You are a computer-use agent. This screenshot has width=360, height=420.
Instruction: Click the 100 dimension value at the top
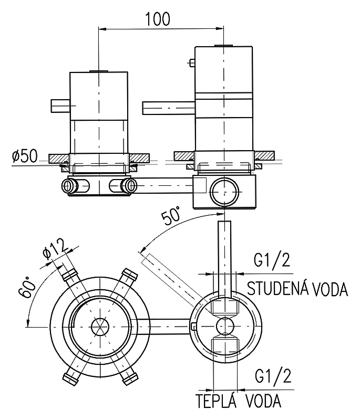[x=158, y=19]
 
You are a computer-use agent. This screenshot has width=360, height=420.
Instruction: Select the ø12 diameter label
[x=56, y=250]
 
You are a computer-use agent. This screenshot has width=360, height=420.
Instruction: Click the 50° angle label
[x=171, y=215]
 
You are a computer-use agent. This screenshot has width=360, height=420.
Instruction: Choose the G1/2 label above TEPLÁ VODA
[x=273, y=375]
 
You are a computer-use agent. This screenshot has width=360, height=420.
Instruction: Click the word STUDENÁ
[x=274, y=288]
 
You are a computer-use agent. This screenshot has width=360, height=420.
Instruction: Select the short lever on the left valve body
[x=60, y=106]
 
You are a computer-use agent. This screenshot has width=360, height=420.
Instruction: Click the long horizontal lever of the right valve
[x=169, y=108]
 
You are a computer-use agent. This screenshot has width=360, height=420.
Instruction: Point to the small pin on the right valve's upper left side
[x=191, y=62]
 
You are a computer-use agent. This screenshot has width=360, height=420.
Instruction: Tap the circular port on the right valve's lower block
[x=224, y=192]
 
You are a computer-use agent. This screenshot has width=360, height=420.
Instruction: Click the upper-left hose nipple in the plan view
[x=70, y=274]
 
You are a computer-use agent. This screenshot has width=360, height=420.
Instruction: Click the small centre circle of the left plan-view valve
[x=100, y=327]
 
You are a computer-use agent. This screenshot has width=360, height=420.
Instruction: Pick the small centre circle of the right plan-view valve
[x=225, y=326]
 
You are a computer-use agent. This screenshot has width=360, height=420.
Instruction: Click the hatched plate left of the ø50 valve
[x=59, y=159]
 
